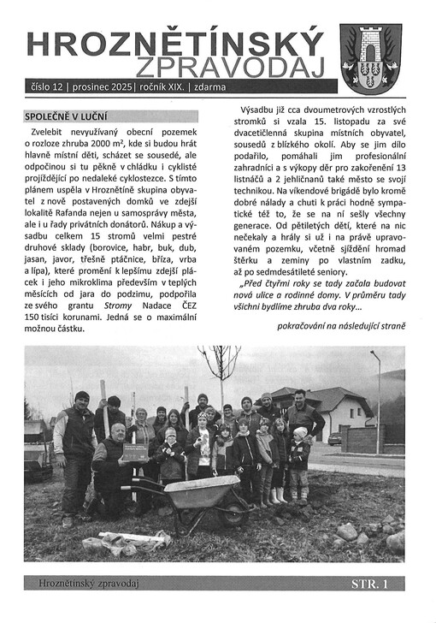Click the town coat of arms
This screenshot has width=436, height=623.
tap(370, 58)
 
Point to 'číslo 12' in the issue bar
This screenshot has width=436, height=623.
tap(49, 87)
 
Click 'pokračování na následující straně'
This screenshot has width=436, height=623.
tap(341, 325)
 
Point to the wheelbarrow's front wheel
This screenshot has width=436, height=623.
tap(233, 514)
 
